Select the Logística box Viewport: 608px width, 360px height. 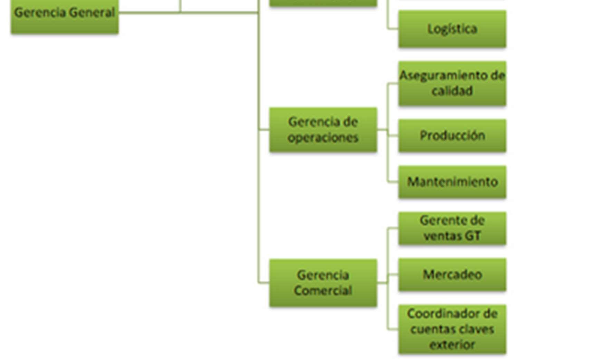[452, 29]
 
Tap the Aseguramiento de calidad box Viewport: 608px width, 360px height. [452, 83]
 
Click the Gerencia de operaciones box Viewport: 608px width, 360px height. [323, 130]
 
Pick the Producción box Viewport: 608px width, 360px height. [452, 136]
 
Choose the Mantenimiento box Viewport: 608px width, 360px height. [452, 182]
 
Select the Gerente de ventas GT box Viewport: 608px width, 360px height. [452, 228]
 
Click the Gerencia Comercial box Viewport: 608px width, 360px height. [323, 283]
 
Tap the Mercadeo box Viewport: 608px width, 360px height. [452, 275]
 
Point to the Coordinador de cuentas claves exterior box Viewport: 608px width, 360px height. [452, 329]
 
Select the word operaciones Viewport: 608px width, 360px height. [323, 137]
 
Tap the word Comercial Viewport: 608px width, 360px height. [323, 290]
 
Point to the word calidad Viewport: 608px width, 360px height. [452, 91]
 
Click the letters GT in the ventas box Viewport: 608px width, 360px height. [473, 236]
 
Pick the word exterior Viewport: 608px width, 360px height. [452, 344]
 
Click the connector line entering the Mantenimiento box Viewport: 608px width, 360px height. [393, 182]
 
